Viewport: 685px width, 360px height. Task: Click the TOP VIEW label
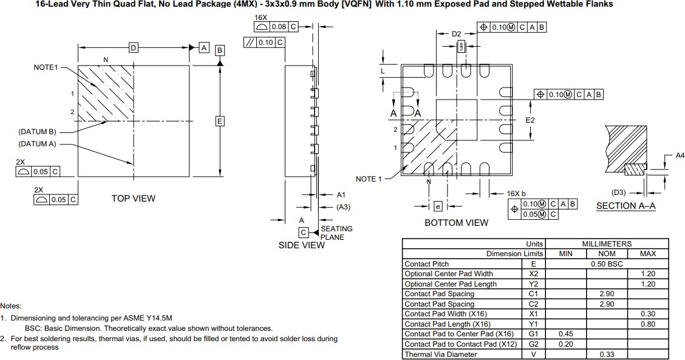[133, 199]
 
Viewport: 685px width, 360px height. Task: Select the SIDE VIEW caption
[301, 245]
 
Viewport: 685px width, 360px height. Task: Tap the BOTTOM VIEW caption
[456, 223]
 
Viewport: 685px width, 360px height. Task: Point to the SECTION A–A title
[625, 206]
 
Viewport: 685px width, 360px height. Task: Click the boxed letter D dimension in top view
[133, 47]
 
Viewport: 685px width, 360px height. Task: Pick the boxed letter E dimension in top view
[220, 121]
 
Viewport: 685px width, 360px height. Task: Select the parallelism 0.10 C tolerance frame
[264, 42]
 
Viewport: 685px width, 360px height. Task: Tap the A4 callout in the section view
[681, 156]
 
